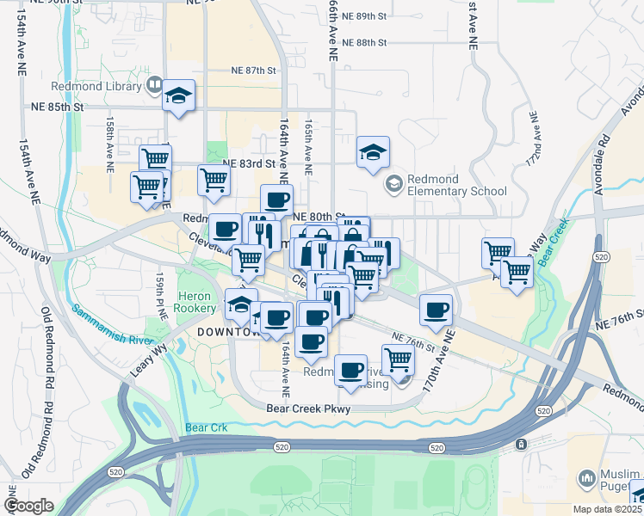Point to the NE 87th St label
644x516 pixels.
point(252,71)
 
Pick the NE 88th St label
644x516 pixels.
point(364,42)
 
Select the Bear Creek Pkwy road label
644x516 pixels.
point(308,409)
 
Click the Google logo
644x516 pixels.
point(28,506)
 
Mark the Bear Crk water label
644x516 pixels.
point(203,427)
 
